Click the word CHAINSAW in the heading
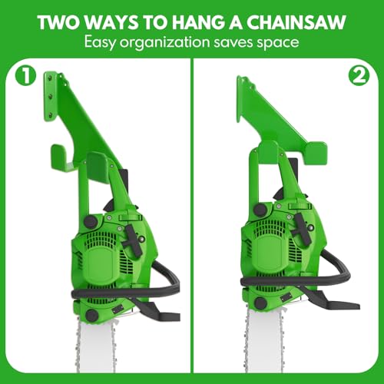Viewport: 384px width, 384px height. coord(296,22)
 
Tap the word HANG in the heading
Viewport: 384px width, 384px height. coord(198,22)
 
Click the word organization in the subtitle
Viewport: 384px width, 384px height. coord(164,42)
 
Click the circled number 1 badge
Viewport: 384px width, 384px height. coord(26,75)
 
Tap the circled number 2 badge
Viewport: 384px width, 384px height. coord(359,76)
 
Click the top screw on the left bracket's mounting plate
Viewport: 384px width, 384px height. coord(51,78)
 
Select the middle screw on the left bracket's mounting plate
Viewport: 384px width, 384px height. coord(51,96)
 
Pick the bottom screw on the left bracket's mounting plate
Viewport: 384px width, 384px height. coord(51,114)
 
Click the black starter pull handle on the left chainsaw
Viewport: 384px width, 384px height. coord(132,241)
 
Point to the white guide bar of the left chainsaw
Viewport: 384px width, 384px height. coord(96,346)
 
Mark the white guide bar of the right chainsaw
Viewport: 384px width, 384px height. coord(264,340)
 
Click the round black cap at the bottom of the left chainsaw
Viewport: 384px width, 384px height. coord(91,316)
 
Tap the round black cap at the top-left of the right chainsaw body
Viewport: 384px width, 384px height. coord(260,210)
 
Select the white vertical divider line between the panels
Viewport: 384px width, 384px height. coord(192,216)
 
